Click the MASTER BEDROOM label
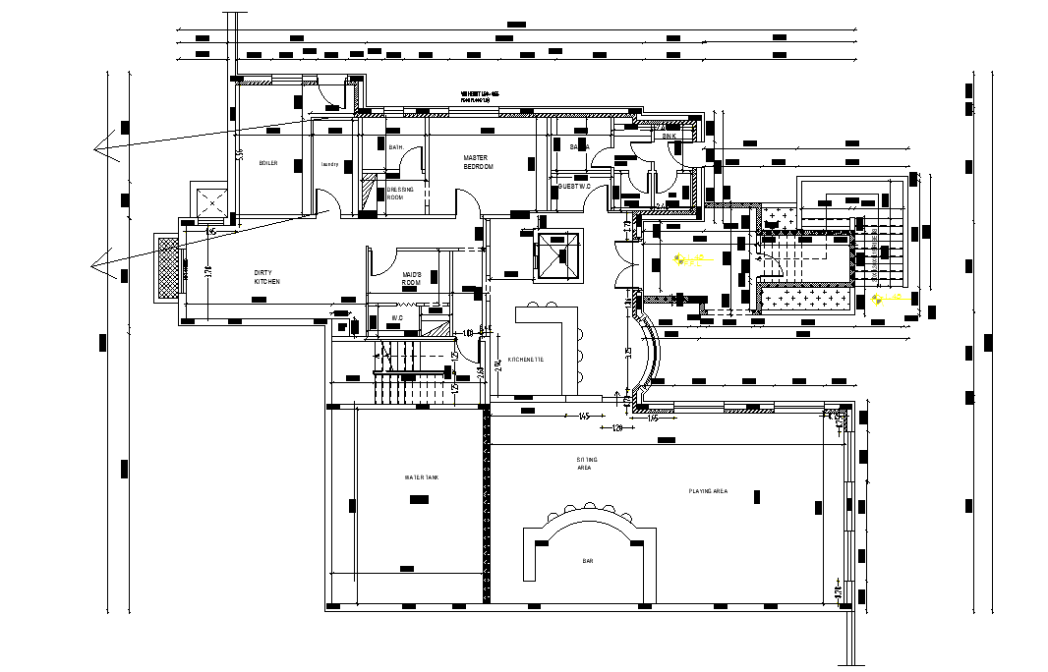pos(477,162)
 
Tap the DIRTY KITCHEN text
pos(266,278)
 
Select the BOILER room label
pos(268,163)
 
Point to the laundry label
pos(329,164)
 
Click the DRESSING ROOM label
pos(400,194)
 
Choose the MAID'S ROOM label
pos(412,279)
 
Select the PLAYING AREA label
pos(708,490)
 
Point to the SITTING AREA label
pos(586,464)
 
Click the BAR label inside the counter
pos(588,561)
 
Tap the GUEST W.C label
pos(573,186)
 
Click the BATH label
pos(396,147)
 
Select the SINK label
pos(669,136)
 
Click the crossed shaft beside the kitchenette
pos(559,253)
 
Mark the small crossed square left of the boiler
pos(210,203)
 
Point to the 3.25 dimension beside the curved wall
pos(628,351)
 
